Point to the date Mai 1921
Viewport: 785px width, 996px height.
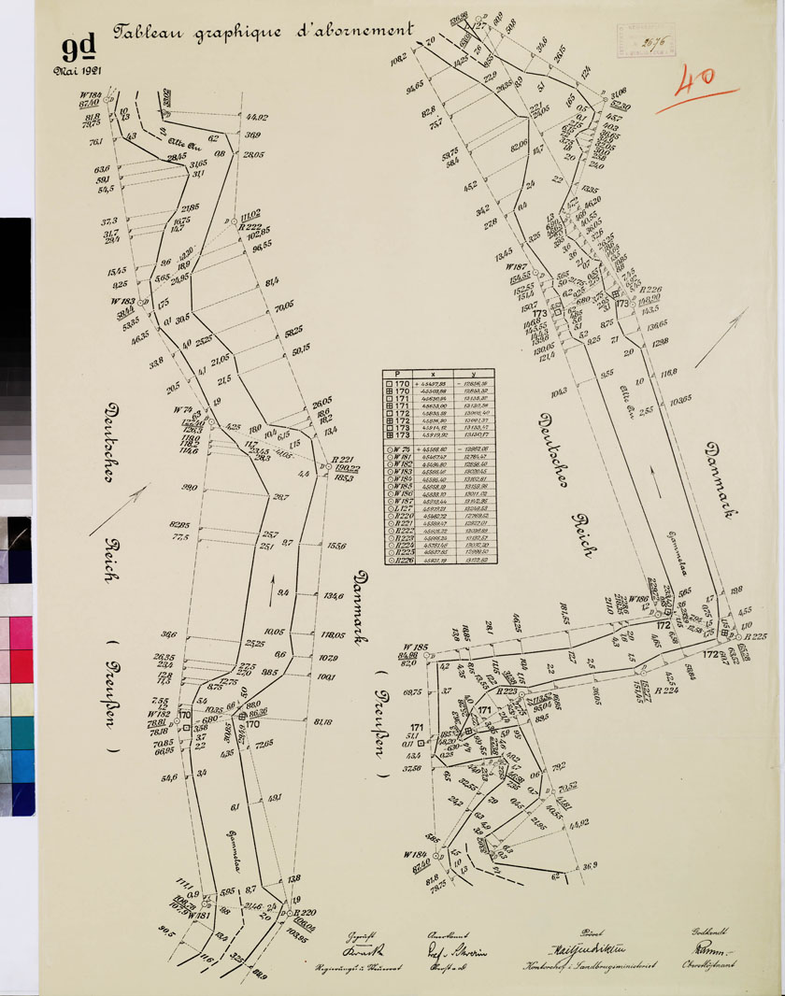78,68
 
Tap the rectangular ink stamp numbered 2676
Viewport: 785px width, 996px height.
653,42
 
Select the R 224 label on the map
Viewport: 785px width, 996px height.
666,690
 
